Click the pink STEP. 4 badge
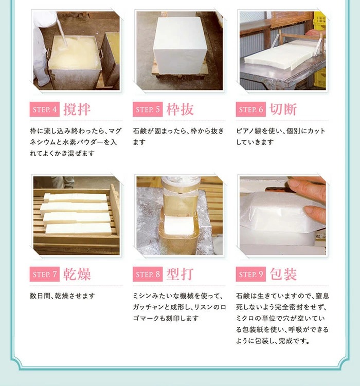coord(45,109)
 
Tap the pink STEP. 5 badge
coord(148,109)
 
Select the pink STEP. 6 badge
coord(250,109)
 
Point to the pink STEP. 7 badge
coord(45,274)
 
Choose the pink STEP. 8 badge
coord(148,274)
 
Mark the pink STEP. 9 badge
coord(250,274)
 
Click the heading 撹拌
coord(77,109)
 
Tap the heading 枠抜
coord(180,109)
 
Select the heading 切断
coord(283,109)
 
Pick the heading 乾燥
coord(77,274)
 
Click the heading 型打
coord(180,274)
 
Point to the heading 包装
coord(283,274)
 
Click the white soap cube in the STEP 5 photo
coord(180,46)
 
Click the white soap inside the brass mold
coord(178,225)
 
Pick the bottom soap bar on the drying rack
coord(78,228)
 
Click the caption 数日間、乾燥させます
coord(62,296)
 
